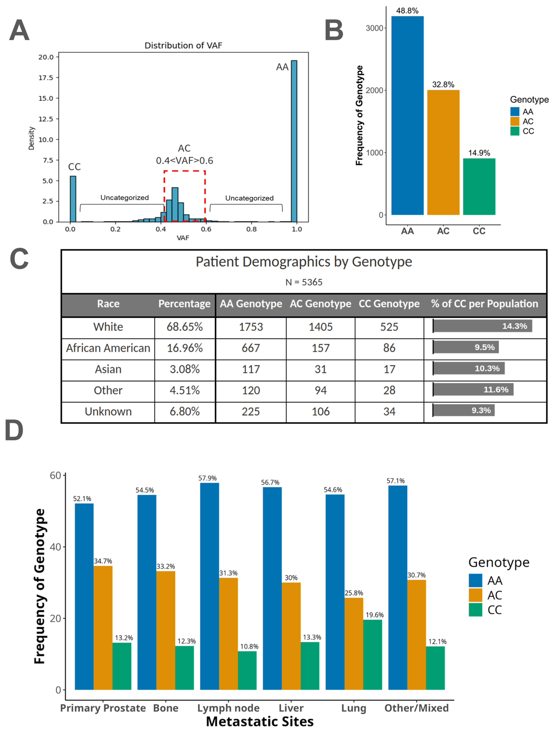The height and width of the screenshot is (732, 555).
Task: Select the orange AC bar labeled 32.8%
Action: [x=443, y=152]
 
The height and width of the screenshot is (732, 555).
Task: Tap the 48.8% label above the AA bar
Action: [x=407, y=11]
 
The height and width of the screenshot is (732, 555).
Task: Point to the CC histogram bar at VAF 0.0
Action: [x=73, y=199]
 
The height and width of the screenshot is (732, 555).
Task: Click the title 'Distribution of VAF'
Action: [x=183, y=45]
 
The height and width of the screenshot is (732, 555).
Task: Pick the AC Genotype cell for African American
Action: [x=321, y=348]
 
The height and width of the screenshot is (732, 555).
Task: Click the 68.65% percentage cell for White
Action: [x=184, y=327]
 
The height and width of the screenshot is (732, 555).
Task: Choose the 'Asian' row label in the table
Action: [x=108, y=369]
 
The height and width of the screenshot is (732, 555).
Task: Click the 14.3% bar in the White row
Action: [x=482, y=326]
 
